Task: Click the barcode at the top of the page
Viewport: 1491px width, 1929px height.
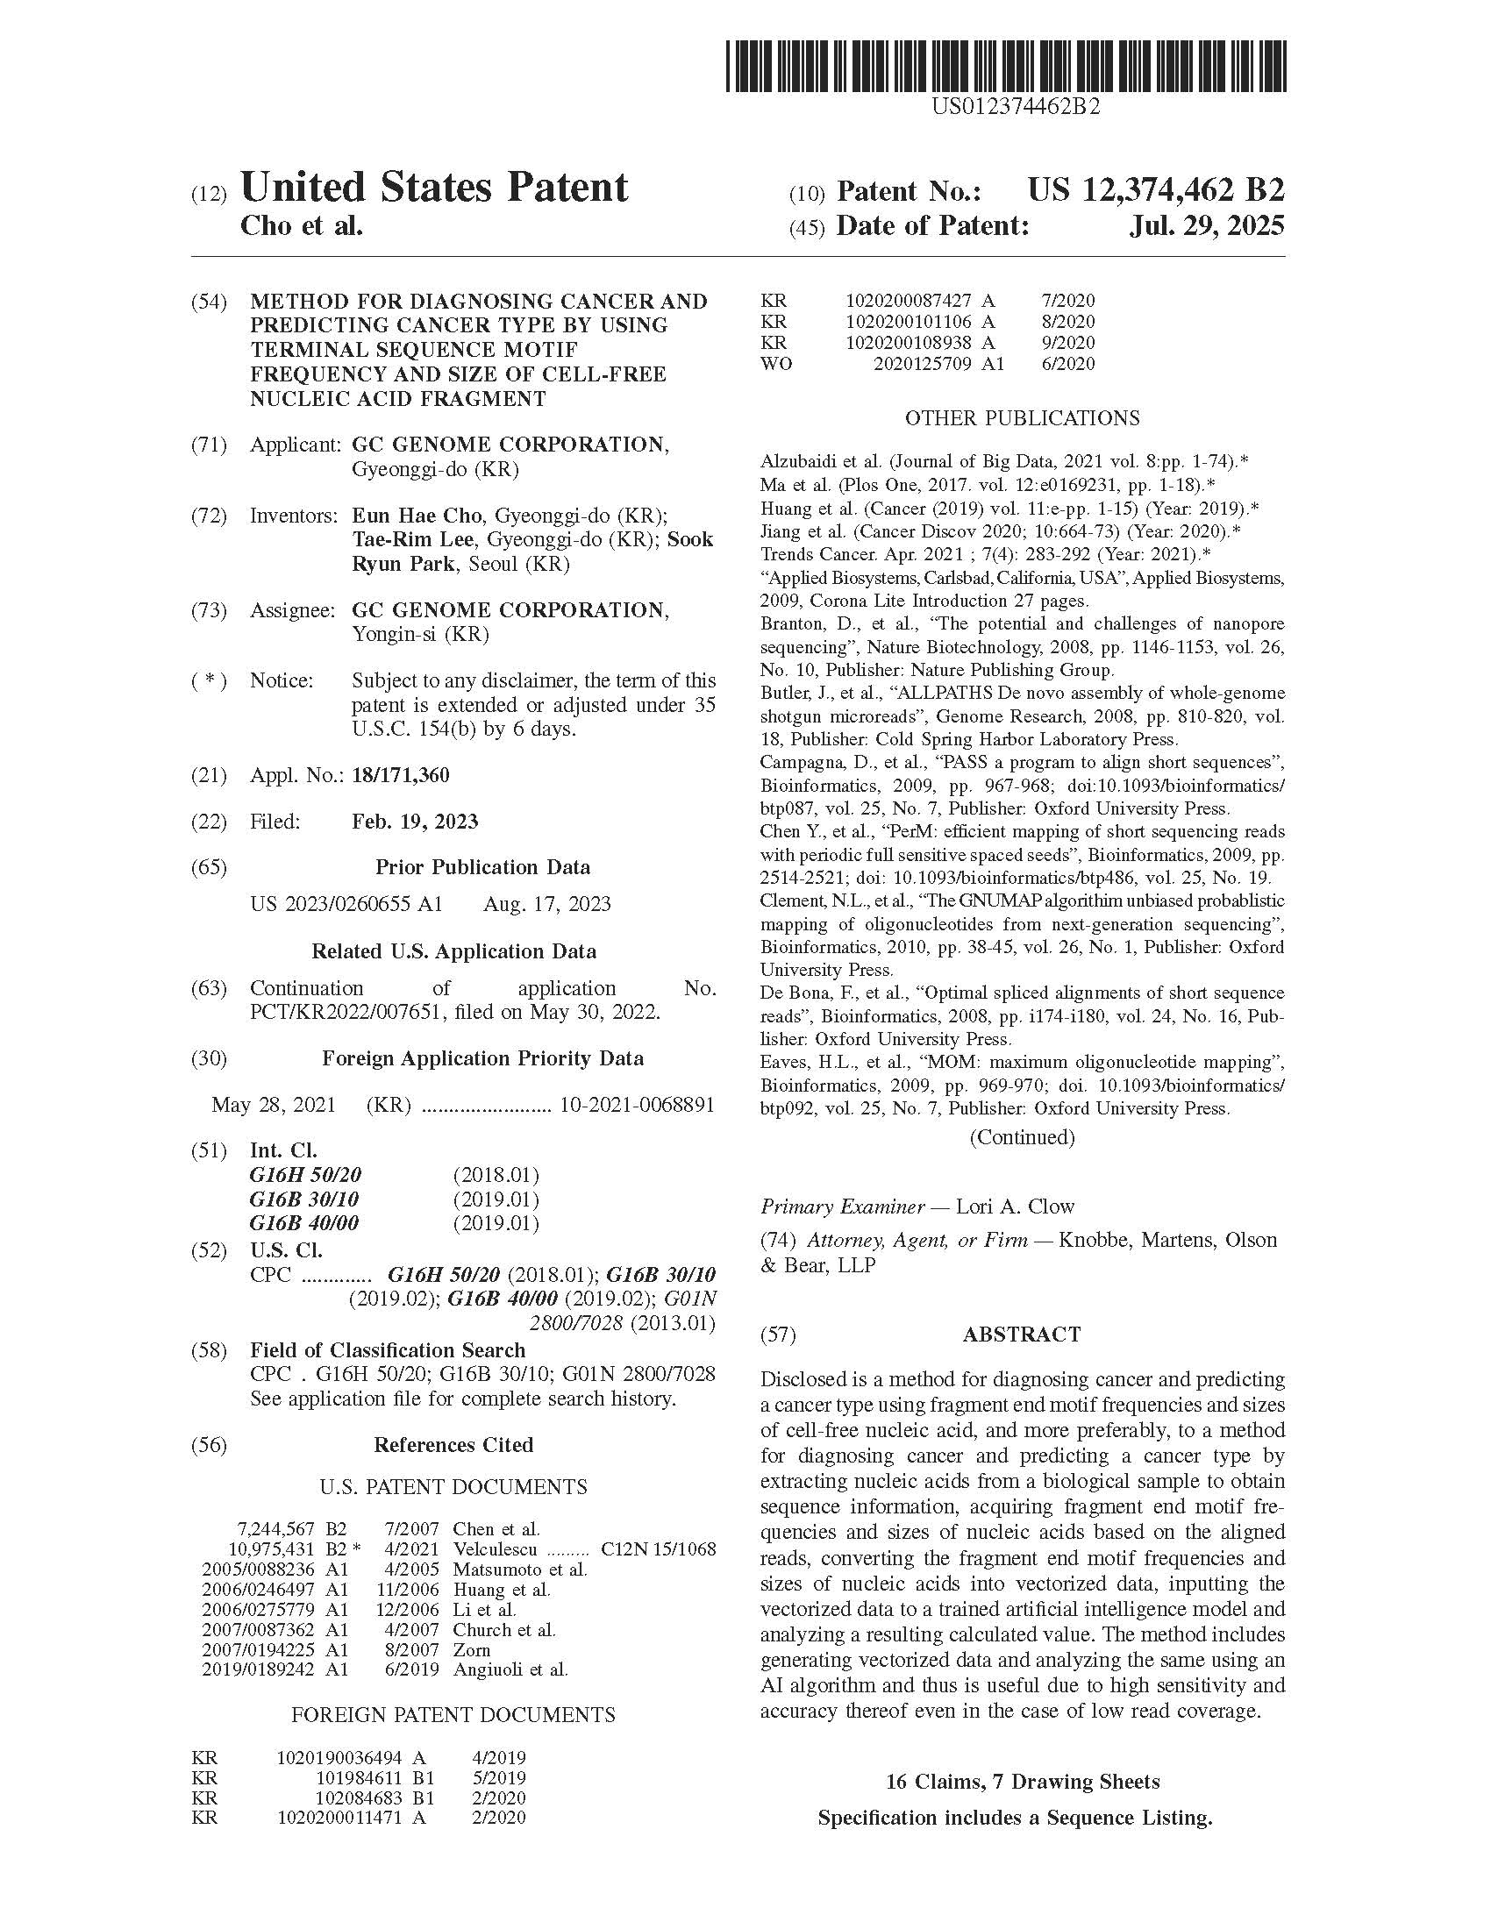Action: pyautogui.click(x=1006, y=67)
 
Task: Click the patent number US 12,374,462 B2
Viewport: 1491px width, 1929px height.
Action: pyautogui.click(x=1155, y=190)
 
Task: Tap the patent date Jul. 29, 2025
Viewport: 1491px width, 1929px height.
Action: pyautogui.click(x=1207, y=226)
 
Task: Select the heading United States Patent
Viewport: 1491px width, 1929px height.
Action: pyautogui.click(x=433, y=188)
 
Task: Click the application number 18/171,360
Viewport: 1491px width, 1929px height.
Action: pyautogui.click(x=400, y=775)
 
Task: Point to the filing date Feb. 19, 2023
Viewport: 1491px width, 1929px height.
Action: pyautogui.click(x=414, y=822)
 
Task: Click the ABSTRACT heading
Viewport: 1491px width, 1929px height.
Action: pyautogui.click(x=1021, y=1334)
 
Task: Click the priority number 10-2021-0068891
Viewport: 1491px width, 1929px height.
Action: pyautogui.click(x=637, y=1105)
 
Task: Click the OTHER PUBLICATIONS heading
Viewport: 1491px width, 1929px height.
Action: pyautogui.click(x=1022, y=417)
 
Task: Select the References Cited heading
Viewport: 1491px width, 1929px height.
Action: pyautogui.click(x=453, y=1445)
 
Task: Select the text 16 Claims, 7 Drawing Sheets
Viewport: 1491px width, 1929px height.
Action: pyautogui.click(x=1022, y=1783)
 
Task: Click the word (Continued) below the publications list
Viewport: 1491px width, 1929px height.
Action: pyautogui.click(x=1022, y=1137)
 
